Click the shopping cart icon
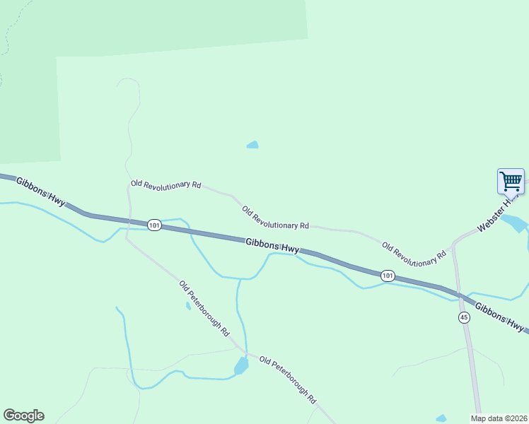[x=511, y=180]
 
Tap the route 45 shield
[x=464, y=317]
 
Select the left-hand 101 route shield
[x=155, y=225]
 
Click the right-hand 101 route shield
[x=387, y=276]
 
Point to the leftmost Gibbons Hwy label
[x=40, y=192]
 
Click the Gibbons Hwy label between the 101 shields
[x=272, y=246]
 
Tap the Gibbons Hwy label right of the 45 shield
[x=499, y=318]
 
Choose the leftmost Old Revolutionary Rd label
[x=165, y=184]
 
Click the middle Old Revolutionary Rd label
[x=275, y=218]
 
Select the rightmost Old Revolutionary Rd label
[x=414, y=255]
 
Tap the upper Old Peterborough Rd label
[x=204, y=308]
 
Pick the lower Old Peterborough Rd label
[x=287, y=379]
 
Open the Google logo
[x=23, y=416]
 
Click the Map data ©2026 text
[x=499, y=418]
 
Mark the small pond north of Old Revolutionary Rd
[x=252, y=145]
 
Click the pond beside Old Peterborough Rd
[x=241, y=366]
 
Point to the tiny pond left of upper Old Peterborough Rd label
[x=188, y=306]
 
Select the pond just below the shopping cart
[x=515, y=223]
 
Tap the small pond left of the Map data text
[x=441, y=418]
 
